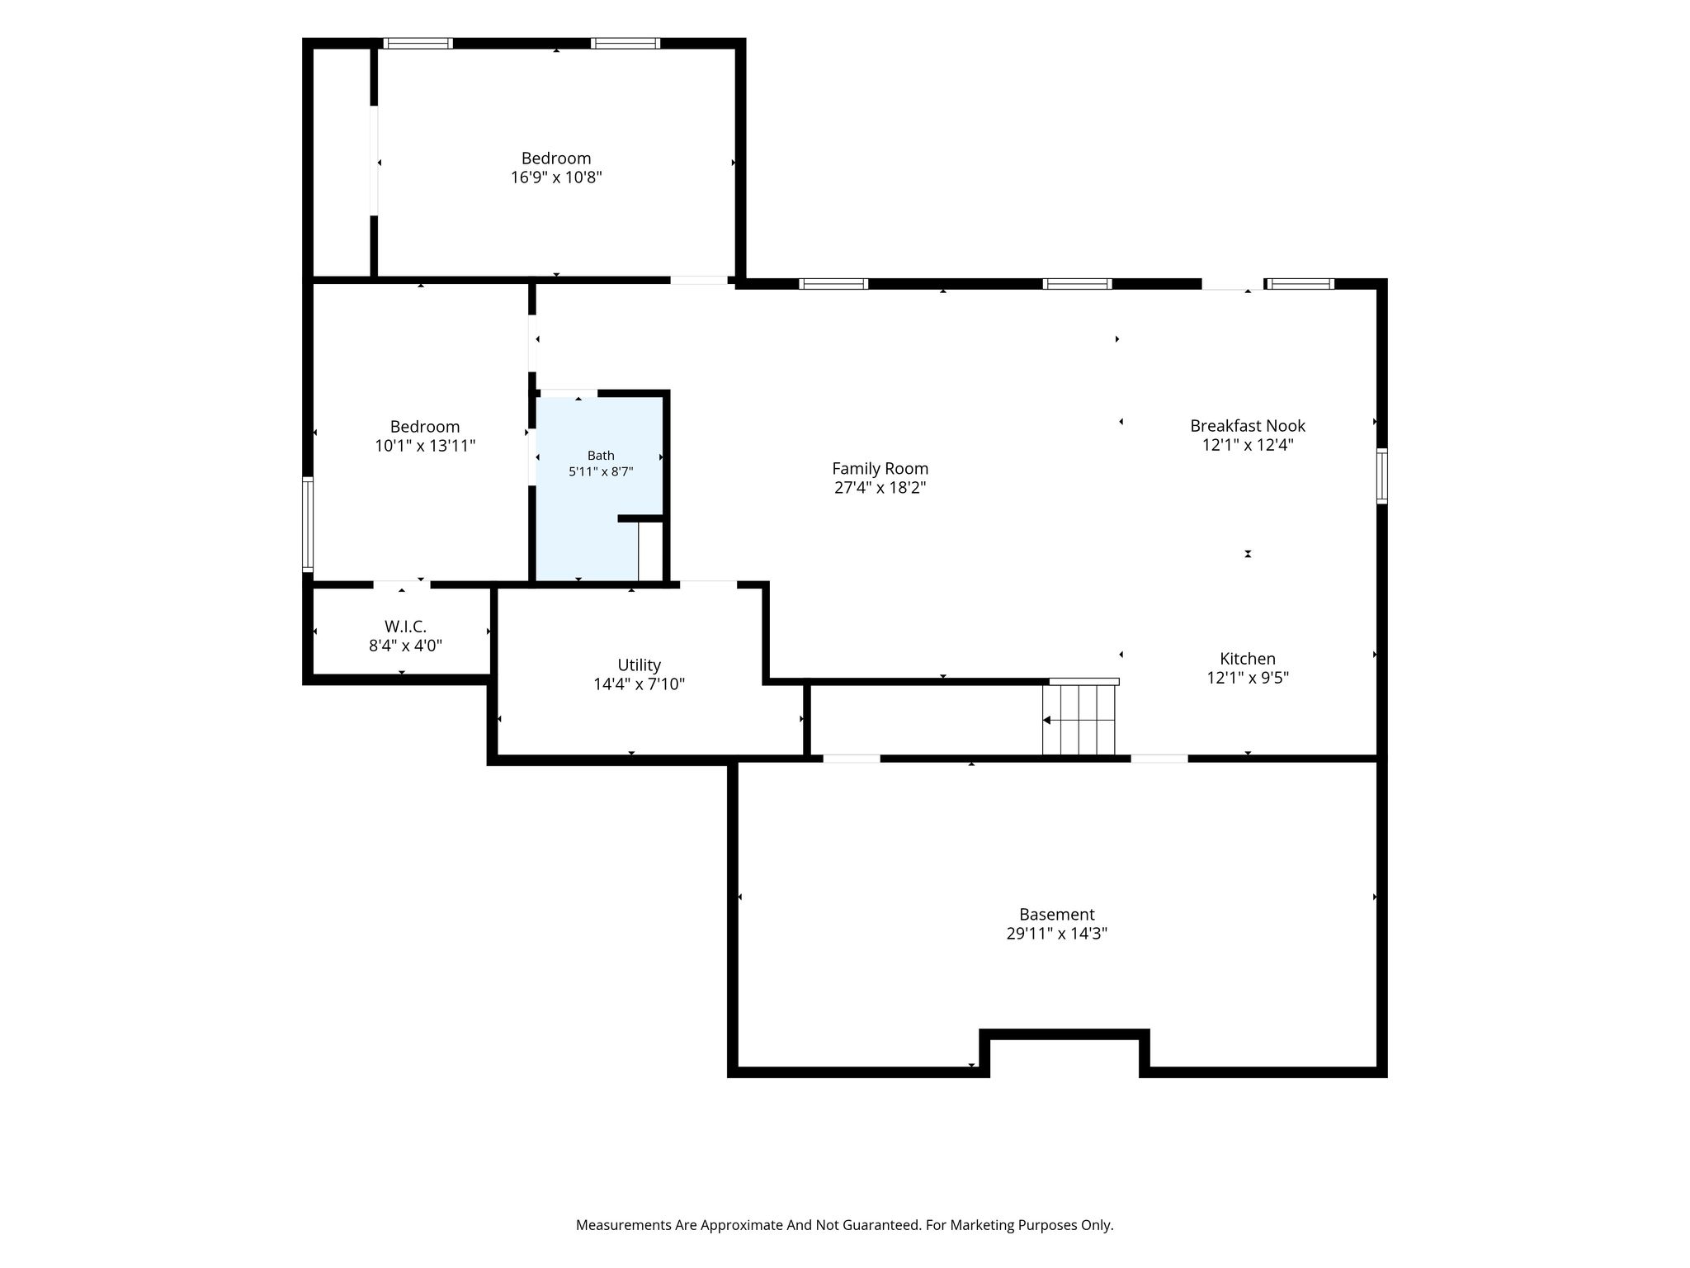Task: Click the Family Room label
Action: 880,468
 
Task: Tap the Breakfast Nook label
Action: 1248,426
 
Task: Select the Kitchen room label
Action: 1248,659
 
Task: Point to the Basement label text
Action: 1056,915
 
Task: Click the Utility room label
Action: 640,665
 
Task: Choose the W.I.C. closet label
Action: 405,627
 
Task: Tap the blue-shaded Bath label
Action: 601,455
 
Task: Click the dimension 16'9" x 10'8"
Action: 556,177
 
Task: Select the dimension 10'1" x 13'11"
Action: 425,446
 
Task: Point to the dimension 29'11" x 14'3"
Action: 1056,934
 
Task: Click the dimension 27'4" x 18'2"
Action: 880,487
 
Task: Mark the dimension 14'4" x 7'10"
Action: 640,684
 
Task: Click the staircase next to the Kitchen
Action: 1079,717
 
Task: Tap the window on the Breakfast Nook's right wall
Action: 1382,475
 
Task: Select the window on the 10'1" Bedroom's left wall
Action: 308,524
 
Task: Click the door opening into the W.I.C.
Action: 402,584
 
